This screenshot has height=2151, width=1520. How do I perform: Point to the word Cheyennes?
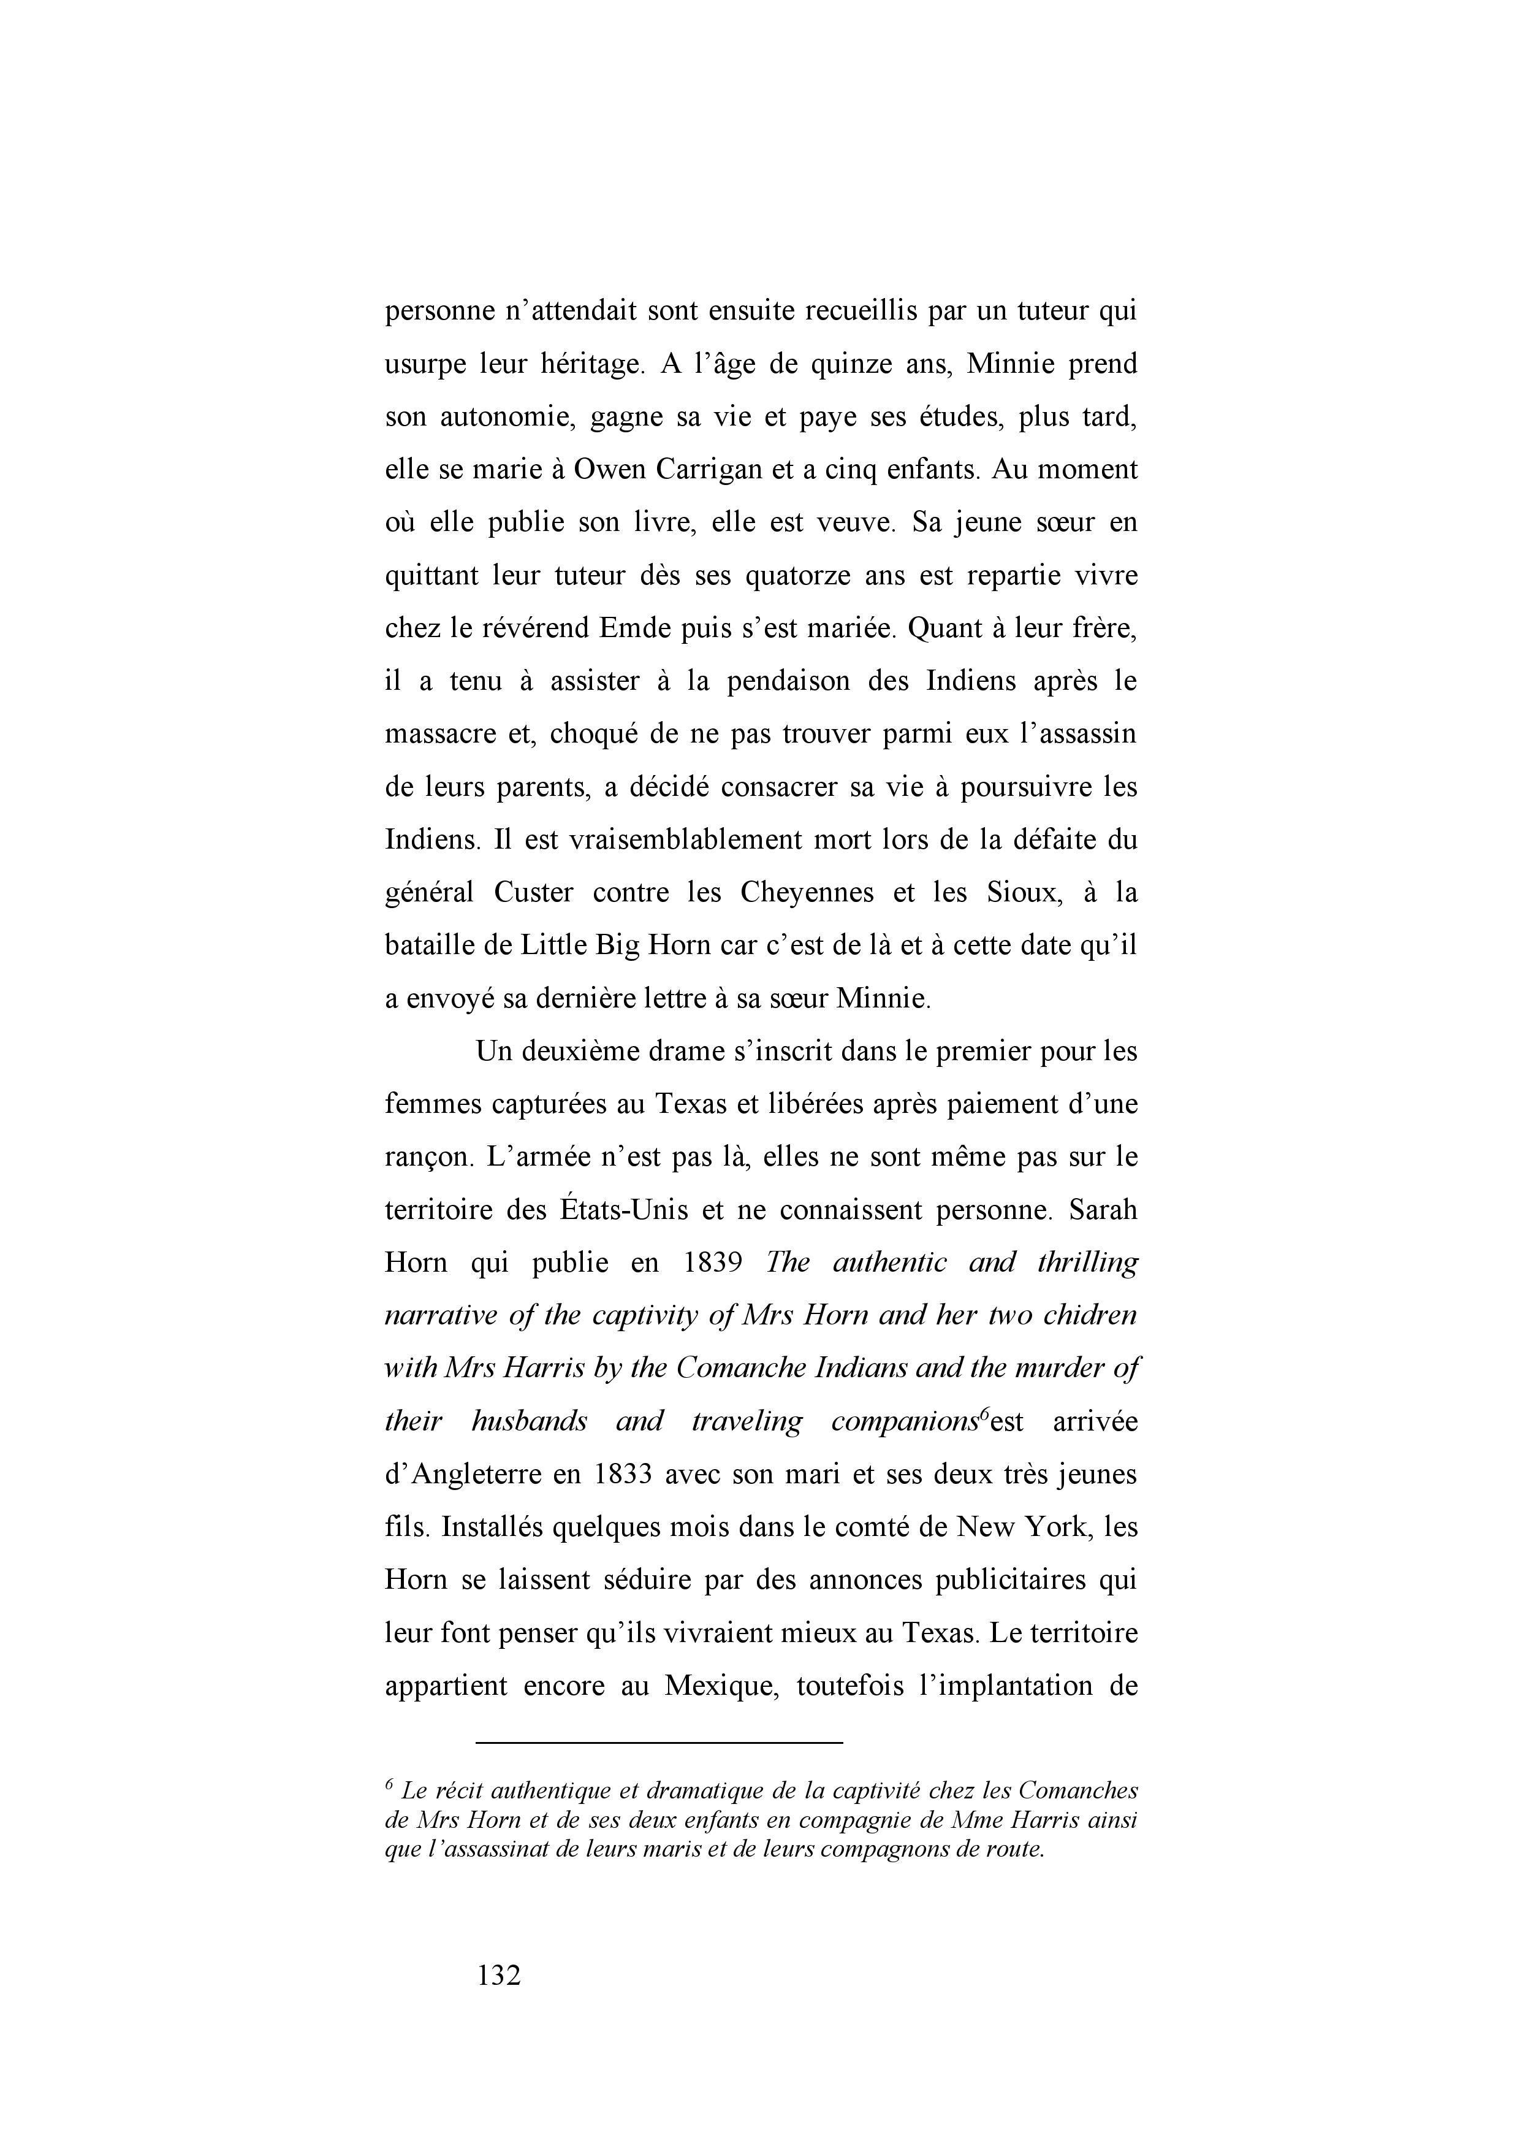(x=807, y=892)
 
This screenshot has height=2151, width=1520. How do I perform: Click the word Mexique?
(x=717, y=1686)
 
